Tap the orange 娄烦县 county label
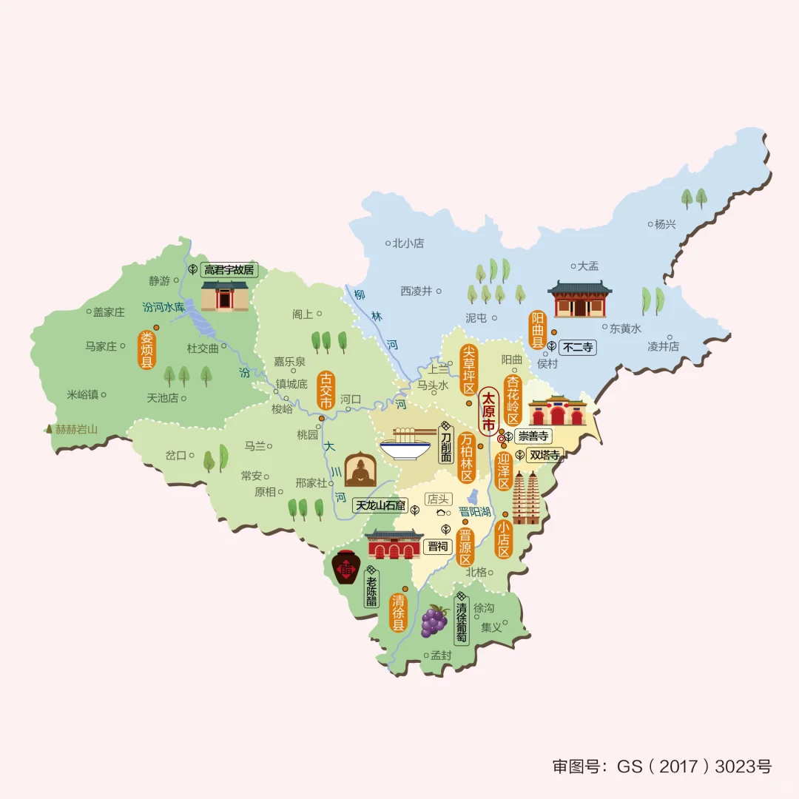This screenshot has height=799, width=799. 146,350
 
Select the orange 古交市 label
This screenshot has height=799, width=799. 325,390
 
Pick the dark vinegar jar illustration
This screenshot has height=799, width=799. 345,567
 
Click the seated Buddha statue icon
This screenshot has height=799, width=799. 360,468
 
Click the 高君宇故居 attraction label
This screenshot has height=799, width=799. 229,270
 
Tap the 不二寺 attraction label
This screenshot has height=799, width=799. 577,346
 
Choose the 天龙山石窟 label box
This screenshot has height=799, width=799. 380,506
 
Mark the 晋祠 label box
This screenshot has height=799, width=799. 437,547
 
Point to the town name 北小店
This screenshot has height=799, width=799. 408,243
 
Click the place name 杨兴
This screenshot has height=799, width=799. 665,224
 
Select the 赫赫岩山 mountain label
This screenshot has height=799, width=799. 76,428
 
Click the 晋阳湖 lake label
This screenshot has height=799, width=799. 475,512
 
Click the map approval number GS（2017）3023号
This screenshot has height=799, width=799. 661,766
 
